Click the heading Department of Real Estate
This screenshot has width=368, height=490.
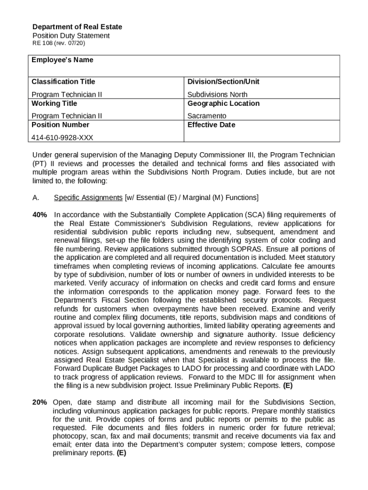(x=77, y=27)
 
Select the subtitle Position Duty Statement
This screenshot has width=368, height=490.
(x=71, y=36)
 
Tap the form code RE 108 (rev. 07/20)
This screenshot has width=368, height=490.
(x=59, y=44)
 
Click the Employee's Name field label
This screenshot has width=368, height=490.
(x=62, y=60)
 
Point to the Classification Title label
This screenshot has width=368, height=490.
(x=63, y=82)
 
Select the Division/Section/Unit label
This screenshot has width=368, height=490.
(x=223, y=82)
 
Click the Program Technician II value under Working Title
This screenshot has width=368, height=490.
(x=66, y=116)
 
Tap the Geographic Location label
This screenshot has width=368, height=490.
(x=223, y=103)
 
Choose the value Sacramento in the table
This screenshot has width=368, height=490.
(x=206, y=116)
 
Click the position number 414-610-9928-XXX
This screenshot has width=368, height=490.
(x=62, y=138)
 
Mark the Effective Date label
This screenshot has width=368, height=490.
(x=211, y=125)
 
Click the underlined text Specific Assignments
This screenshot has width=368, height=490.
(x=88, y=198)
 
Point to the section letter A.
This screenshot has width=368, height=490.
(x=35, y=198)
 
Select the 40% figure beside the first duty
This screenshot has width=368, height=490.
(x=39, y=215)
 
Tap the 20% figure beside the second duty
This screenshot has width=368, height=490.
(x=39, y=402)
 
